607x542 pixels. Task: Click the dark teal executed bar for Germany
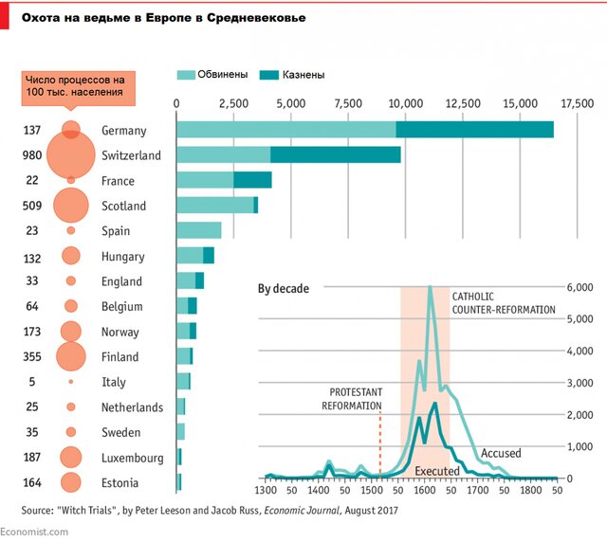(474, 130)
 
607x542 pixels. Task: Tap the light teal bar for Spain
(199, 230)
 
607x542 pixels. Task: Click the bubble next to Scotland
(70, 206)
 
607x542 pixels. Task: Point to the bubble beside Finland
(70, 357)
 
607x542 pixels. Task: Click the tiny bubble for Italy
(70, 382)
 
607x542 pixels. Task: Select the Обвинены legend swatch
(185, 74)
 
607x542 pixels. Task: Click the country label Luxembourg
(133, 458)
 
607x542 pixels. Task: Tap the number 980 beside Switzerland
(32, 155)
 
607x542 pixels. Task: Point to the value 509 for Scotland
(32, 206)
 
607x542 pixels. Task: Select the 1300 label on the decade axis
(267, 493)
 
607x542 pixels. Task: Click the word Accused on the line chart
(501, 454)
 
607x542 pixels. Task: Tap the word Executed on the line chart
(437, 471)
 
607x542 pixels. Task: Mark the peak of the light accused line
(430, 287)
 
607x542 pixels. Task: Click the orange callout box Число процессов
(75, 85)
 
